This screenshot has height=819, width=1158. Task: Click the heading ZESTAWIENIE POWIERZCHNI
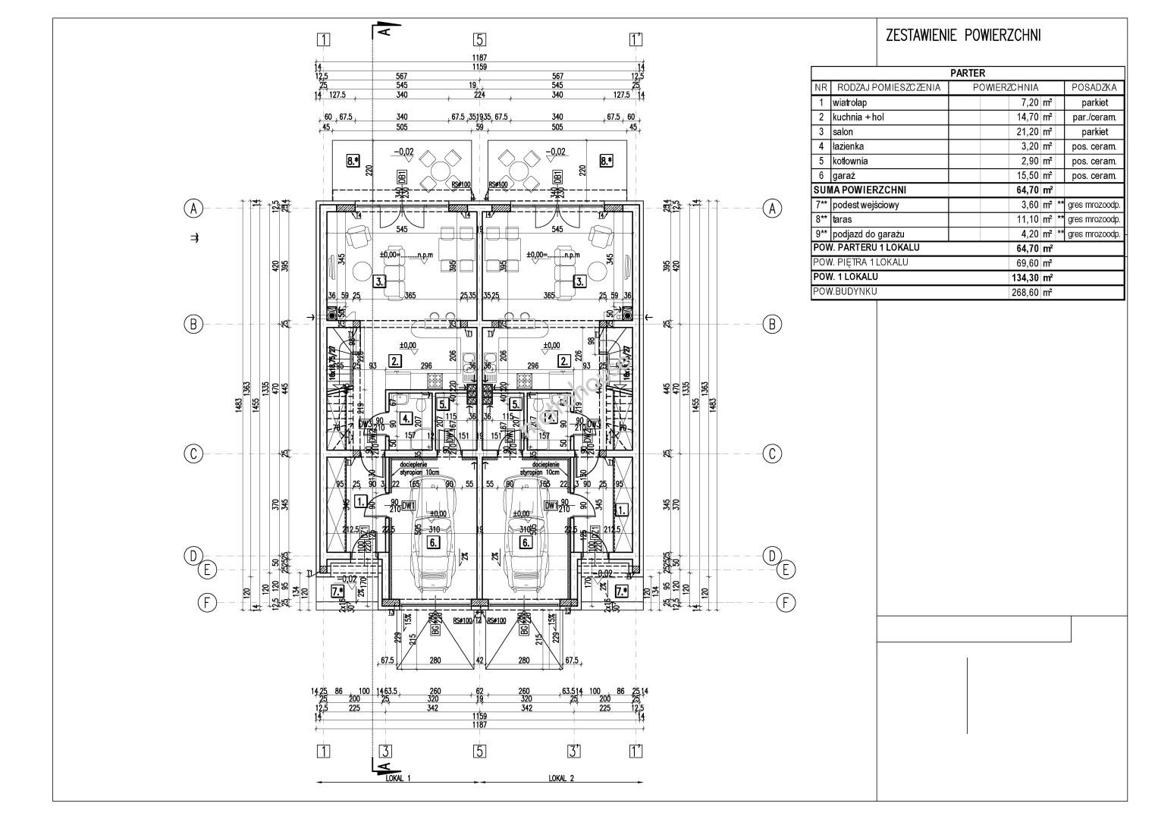click(x=963, y=35)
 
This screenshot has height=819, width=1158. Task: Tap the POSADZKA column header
click(x=1094, y=87)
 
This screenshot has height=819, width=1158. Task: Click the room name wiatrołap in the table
click(x=849, y=102)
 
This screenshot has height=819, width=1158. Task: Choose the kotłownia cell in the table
click(x=850, y=161)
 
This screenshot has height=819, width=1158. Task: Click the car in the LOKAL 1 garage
click(x=432, y=538)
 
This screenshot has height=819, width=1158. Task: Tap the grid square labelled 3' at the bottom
click(x=574, y=752)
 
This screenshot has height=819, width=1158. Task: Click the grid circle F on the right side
click(x=786, y=603)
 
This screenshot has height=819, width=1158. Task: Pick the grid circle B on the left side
click(x=194, y=324)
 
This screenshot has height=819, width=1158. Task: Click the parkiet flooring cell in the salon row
click(x=1094, y=131)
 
